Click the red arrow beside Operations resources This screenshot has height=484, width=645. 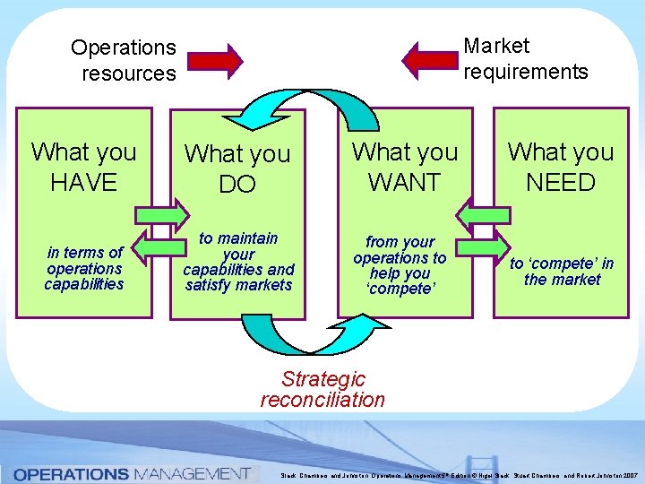215,60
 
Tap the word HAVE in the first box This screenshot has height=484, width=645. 84,183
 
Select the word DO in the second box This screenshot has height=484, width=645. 237,185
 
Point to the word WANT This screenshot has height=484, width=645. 405,183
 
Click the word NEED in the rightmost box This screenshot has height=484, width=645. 561,183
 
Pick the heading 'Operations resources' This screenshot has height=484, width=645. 124,60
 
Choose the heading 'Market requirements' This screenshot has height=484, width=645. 526,58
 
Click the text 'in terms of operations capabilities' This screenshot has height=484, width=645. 84,269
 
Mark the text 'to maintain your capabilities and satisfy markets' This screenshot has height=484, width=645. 238,262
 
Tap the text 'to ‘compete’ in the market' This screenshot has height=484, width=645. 562,272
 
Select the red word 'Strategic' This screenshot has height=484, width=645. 323,380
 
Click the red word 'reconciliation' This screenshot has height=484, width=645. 322,400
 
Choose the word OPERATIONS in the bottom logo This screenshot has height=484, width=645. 71,473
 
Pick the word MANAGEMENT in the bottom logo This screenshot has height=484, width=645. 191,473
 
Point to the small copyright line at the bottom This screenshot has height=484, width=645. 457,476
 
